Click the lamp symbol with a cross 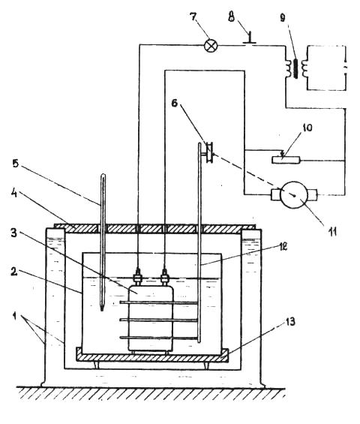coord(211,45)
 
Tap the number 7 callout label coord(193,17)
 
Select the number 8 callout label coord(232,17)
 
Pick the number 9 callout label coord(283,17)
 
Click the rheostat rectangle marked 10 coord(286,160)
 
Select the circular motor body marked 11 coord(294,194)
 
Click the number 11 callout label coord(332,231)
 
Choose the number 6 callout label coord(175,103)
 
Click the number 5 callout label coord(16,164)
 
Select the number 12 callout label coord(282,247)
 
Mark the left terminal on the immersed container coord(138,276)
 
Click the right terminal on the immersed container coord(165,276)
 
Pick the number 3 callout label coord(14,233)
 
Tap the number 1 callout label coord(16,315)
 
